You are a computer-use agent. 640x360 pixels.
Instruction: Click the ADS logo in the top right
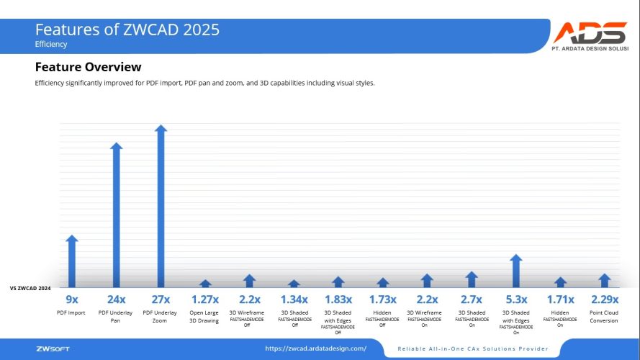click(590, 37)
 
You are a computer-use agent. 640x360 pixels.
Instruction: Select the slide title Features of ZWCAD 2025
click(127, 30)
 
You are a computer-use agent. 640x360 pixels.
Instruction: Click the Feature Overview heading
click(88, 67)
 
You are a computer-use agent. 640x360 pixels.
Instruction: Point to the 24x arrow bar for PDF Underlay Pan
click(116, 215)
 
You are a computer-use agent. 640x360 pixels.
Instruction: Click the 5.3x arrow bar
click(515, 271)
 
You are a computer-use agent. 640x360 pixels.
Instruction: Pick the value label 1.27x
click(204, 299)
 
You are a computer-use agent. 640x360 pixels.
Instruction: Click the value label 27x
click(161, 299)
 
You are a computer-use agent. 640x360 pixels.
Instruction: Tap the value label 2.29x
click(604, 299)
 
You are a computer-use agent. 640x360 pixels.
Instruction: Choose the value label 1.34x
click(294, 299)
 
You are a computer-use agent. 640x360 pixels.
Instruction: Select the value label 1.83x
click(338, 299)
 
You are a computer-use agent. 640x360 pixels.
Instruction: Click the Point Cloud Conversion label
click(604, 317)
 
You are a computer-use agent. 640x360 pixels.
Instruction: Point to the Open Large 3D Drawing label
click(204, 317)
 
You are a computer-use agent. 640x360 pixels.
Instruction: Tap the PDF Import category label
click(71, 313)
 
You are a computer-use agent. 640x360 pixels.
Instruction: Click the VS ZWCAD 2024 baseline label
click(30, 288)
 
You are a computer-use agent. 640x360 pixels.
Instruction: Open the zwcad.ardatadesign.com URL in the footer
click(315, 348)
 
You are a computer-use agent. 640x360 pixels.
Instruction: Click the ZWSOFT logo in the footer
click(53, 349)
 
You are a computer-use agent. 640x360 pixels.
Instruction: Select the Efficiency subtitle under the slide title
click(51, 44)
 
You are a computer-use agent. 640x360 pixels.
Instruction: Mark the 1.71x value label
click(560, 299)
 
